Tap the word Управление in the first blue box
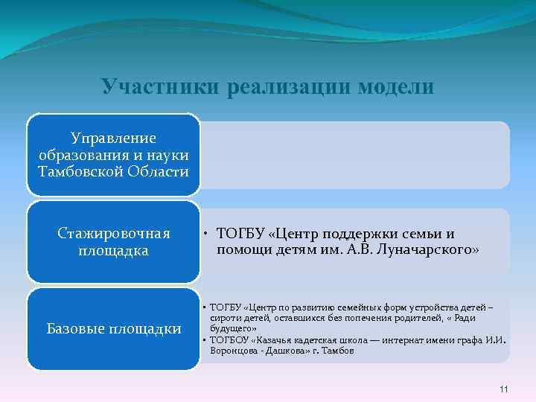(x=113, y=138)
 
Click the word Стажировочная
(x=113, y=234)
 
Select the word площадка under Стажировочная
(x=113, y=251)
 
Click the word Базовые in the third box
(x=77, y=328)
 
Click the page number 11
(x=503, y=389)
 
